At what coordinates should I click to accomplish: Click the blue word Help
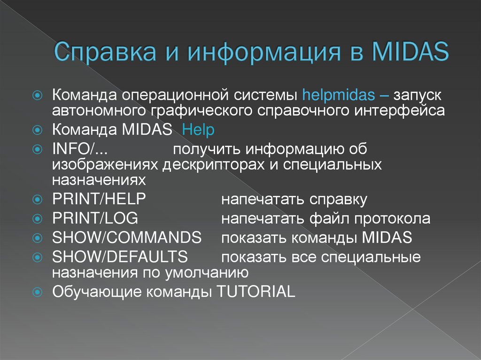point(198,130)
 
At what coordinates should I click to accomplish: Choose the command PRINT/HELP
point(99,199)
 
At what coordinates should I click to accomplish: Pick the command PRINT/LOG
point(95,218)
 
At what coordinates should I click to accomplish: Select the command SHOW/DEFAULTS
point(120,257)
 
